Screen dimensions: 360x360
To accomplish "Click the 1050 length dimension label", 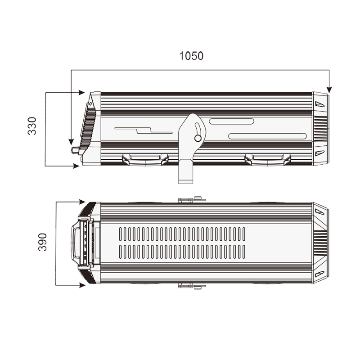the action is click(x=191, y=56).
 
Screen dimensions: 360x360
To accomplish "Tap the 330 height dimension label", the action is click(x=32, y=126).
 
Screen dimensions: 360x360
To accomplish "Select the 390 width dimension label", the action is click(x=42, y=242).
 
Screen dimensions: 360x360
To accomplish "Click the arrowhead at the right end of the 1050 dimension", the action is click(x=329, y=90).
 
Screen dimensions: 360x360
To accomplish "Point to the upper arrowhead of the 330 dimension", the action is click(x=82, y=93).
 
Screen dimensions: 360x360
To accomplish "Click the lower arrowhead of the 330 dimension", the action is click(x=76, y=166).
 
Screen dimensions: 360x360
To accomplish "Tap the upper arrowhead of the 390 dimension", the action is click(x=82, y=202).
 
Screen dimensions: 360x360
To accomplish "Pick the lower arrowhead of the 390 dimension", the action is click(x=82, y=285).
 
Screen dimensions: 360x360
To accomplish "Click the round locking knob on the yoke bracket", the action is click(x=198, y=138).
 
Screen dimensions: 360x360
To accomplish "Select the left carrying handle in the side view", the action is click(x=145, y=160).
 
